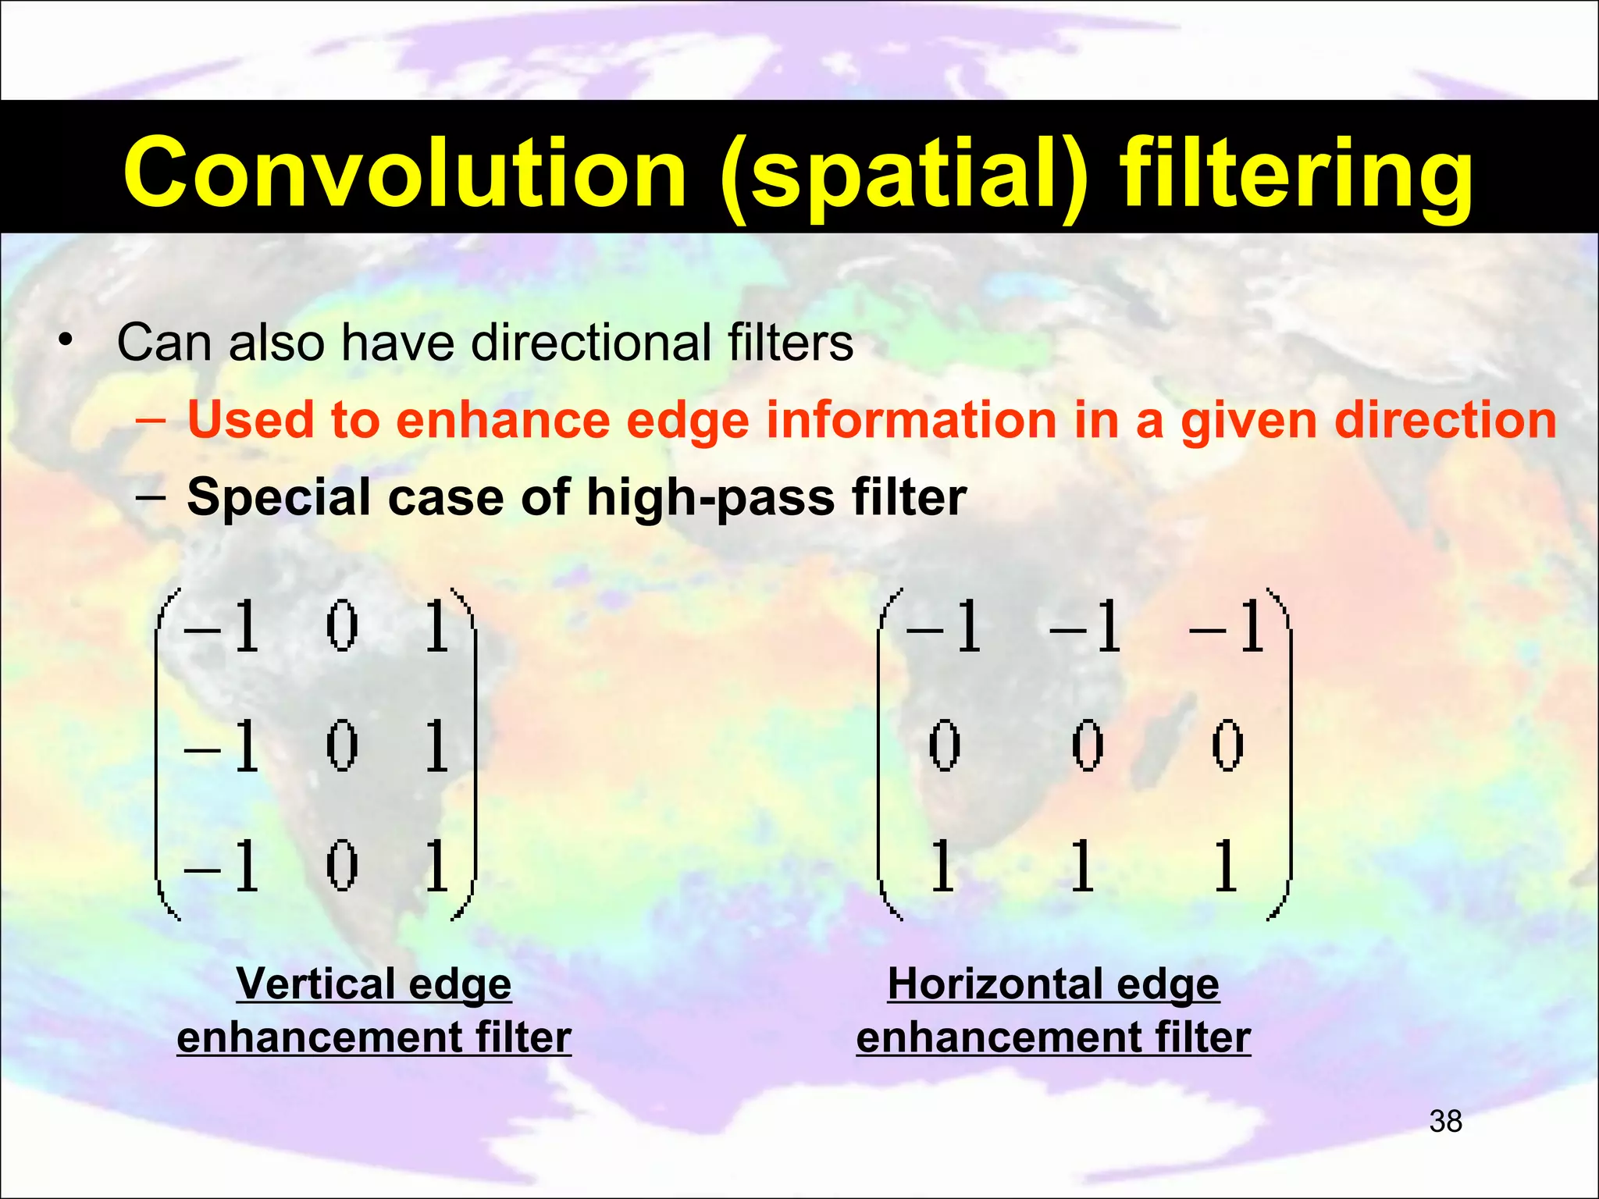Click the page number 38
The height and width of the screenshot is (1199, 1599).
(x=1445, y=1122)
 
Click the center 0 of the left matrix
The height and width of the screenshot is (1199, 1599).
(x=341, y=746)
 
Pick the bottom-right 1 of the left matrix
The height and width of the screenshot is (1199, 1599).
(x=436, y=866)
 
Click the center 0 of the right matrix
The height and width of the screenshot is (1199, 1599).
(x=1087, y=746)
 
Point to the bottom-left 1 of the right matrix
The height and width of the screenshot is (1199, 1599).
(x=942, y=866)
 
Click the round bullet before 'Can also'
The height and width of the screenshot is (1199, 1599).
(x=66, y=342)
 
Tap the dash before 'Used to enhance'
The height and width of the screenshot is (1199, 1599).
(x=150, y=422)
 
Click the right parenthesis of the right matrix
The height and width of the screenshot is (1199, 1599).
(x=1283, y=753)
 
